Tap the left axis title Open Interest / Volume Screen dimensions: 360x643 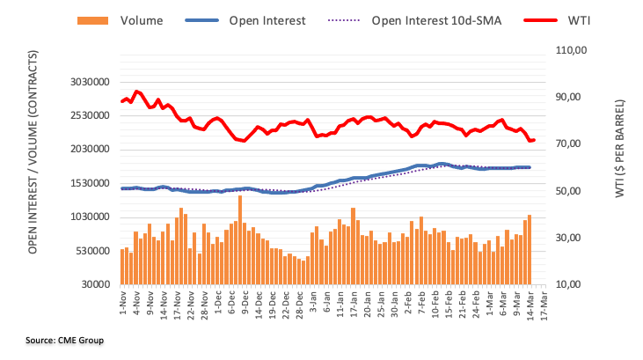pyautogui.click(x=33, y=176)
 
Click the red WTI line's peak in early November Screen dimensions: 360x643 pyautogui.click(x=135, y=91)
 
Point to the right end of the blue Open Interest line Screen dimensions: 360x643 pyautogui.click(x=530, y=167)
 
